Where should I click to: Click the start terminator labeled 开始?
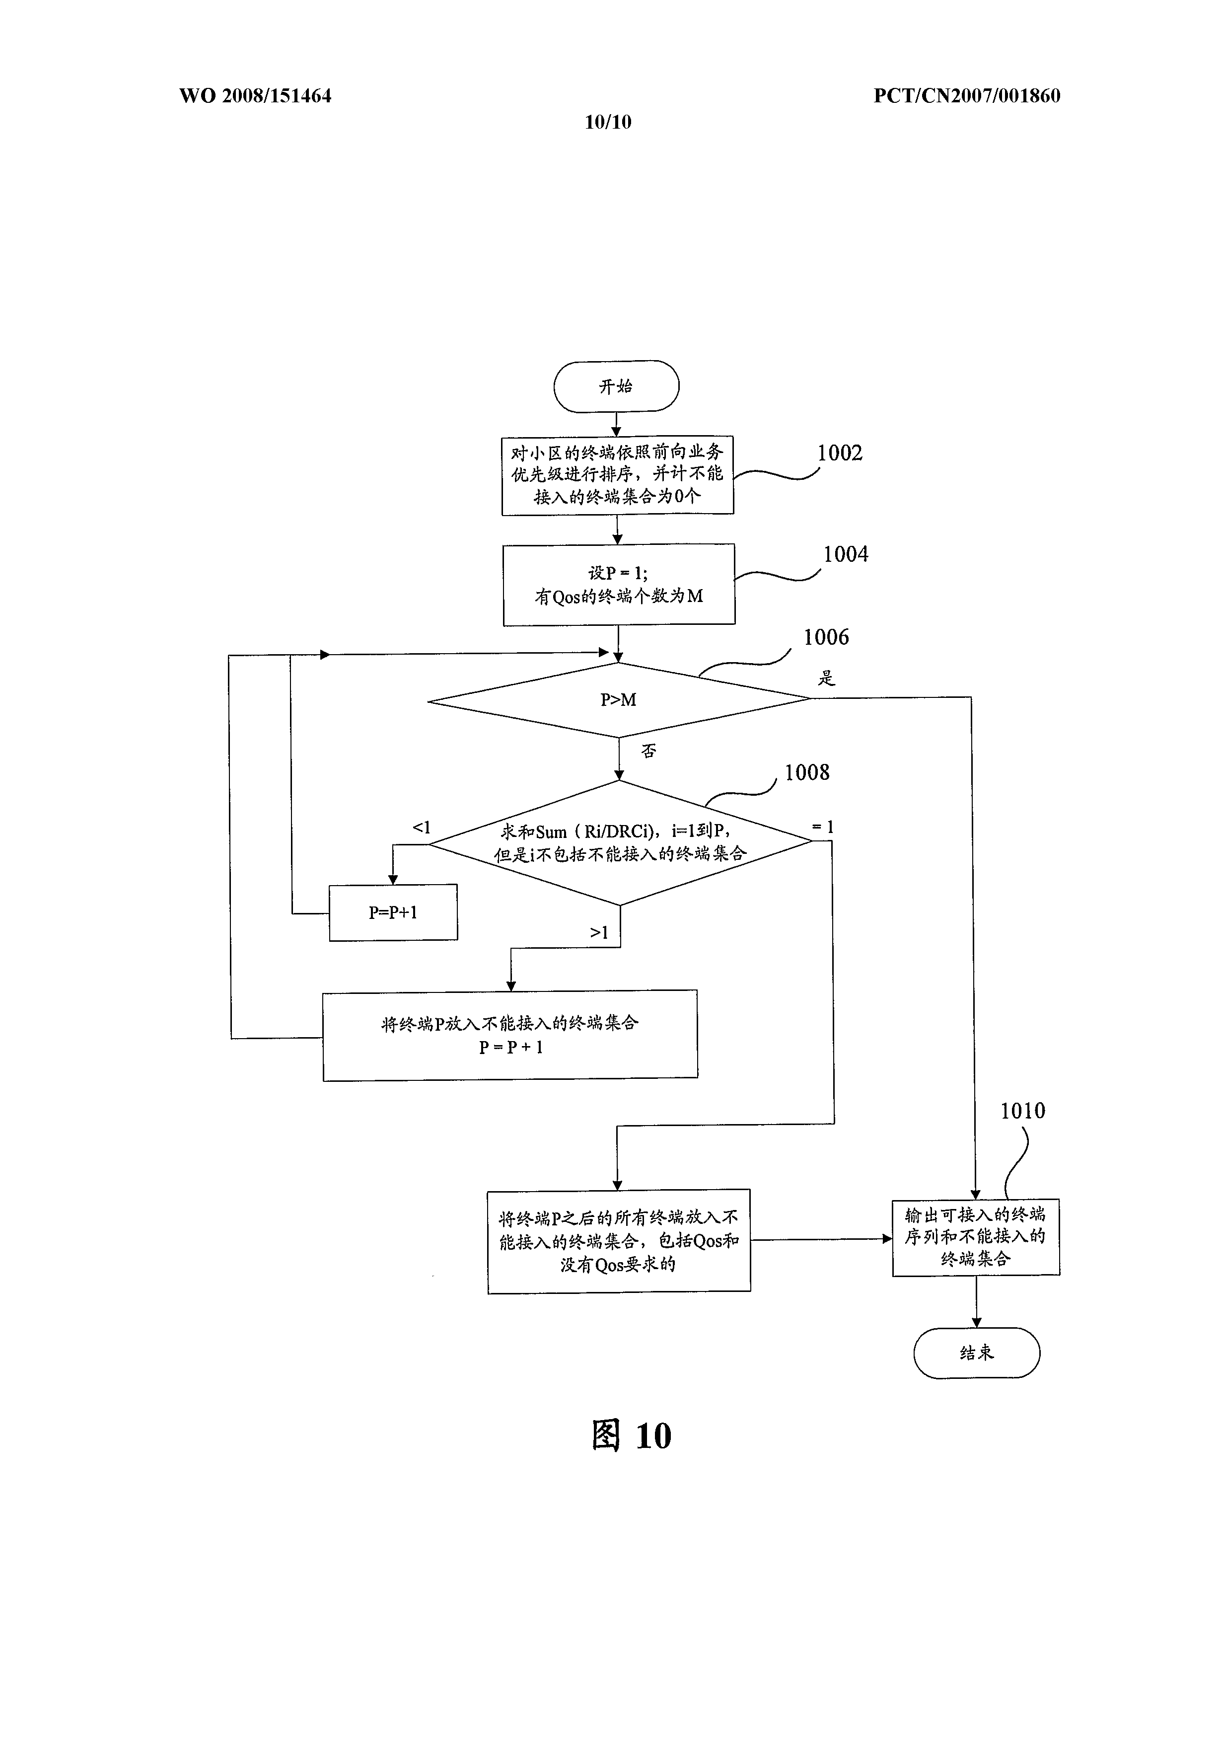tap(616, 386)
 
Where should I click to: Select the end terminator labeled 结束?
tap(977, 1353)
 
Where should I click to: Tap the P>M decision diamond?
tap(619, 700)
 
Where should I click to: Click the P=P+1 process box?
tap(393, 912)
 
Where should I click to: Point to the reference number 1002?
tap(840, 453)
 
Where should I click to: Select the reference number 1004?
tap(846, 554)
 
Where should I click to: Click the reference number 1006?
tap(826, 637)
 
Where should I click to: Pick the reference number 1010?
tap(1023, 1111)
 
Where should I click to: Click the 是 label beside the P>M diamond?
tap(826, 678)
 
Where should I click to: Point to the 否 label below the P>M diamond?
tap(649, 751)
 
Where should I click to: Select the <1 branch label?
tap(421, 827)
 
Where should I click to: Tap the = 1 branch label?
tap(823, 827)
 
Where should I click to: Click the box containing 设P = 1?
tap(619, 585)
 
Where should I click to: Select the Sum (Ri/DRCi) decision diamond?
tap(621, 842)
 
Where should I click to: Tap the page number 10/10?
tap(608, 122)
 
